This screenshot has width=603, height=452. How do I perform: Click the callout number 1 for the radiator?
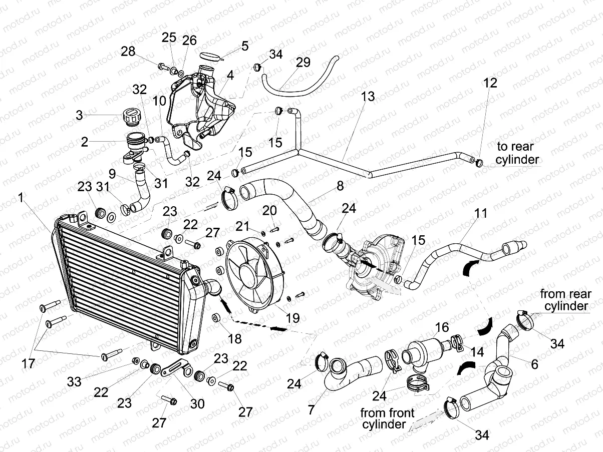pos(21,198)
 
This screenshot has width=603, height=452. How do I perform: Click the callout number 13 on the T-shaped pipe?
pos(368,97)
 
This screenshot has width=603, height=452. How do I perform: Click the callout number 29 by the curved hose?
pos(303,63)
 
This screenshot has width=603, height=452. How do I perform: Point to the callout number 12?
pos(490,83)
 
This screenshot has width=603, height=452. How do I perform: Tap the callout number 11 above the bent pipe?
pos(481,213)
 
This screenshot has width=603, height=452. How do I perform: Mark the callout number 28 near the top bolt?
pos(129,51)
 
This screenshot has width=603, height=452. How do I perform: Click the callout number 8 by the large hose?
pos(340,186)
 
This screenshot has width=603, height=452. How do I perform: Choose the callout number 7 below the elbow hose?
pos(311,409)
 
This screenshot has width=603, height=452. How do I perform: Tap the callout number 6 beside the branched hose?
pos(534,365)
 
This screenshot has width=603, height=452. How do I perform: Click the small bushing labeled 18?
pos(217,318)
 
